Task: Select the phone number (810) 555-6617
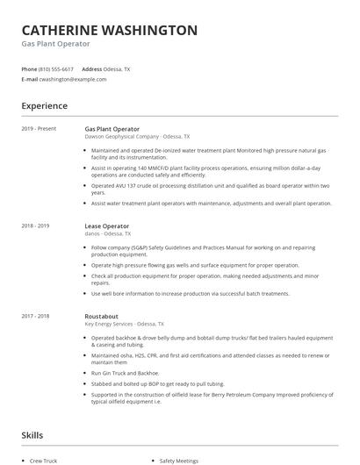57,68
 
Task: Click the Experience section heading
44,106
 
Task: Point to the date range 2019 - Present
39,129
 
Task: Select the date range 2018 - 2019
36,226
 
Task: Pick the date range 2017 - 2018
36,316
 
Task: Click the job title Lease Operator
107,226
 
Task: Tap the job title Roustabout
102,316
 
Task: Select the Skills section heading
32,434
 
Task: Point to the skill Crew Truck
44,459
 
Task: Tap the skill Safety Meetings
179,459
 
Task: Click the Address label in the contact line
91,68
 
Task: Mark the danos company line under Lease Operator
107,234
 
